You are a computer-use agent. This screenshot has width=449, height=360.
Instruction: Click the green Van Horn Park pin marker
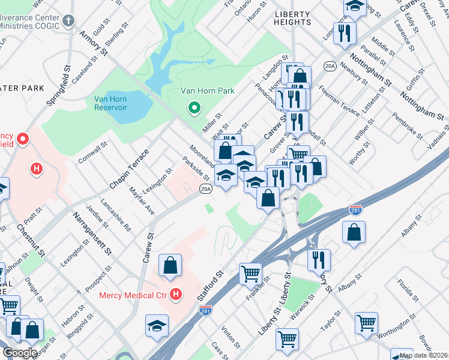(194, 109)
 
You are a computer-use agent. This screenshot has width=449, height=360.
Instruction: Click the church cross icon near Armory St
(69, 20)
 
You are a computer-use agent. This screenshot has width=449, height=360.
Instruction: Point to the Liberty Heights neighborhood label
(292, 17)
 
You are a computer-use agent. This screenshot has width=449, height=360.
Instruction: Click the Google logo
(20, 353)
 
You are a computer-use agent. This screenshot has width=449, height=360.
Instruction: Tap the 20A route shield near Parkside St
(206, 189)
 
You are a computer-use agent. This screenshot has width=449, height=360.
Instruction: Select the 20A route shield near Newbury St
(329, 67)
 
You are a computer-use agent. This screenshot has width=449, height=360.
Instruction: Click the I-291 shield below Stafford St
(205, 311)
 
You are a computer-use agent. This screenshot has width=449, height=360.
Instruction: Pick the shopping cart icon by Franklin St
(250, 274)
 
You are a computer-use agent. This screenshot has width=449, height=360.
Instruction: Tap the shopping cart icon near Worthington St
(366, 323)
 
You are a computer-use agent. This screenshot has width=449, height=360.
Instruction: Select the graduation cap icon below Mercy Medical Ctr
(157, 325)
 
